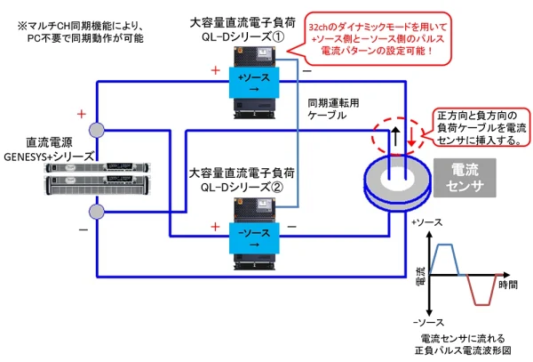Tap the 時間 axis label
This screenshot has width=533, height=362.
[x=508, y=286]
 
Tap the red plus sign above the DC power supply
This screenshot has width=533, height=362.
[x=82, y=114]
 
